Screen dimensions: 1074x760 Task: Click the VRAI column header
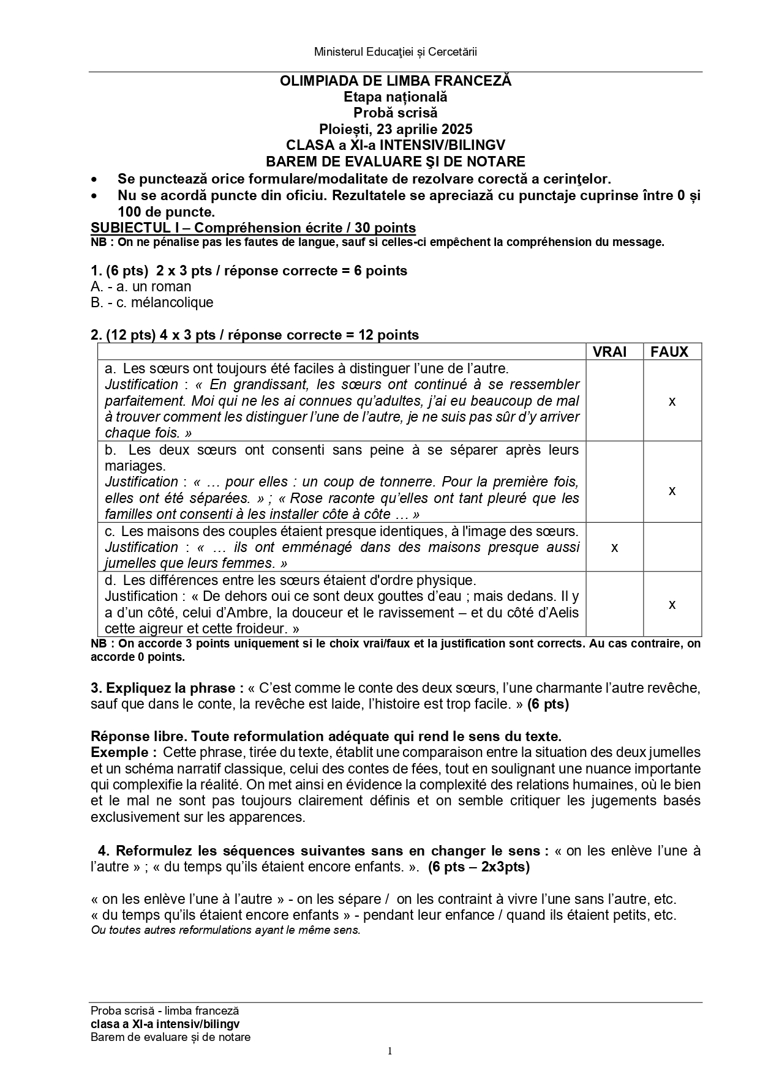pyautogui.click(x=609, y=352)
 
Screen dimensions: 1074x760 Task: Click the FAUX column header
pyautogui.click(x=669, y=352)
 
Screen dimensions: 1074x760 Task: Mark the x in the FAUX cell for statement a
pyautogui.click(x=672, y=401)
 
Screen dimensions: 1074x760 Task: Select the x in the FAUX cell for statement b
pyautogui.click(x=672, y=491)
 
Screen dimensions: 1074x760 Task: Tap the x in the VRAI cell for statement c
pyautogui.click(x=614, y=548)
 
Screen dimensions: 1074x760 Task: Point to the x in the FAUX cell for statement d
pyautogui.click(x=672, y=605)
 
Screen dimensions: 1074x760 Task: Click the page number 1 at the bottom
pyautogui.click(x=389, y=1051)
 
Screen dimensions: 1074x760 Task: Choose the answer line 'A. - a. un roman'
pyautogui.click(x=141, y=286)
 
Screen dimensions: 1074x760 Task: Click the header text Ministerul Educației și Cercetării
pyautogui.click(x=395, y=52)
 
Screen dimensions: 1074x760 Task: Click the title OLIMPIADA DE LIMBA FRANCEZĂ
pyautogui.click(x=395, y=81)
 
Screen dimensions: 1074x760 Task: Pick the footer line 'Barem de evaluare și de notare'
pyautogui.click(x=170, y=1037)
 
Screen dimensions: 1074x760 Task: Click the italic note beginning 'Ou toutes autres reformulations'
pyautogui.click(x=225, y=930)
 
